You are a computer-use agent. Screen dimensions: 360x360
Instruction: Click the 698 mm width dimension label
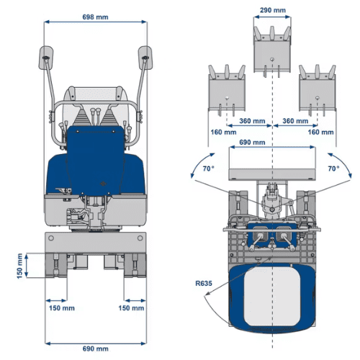[x=96, y=15]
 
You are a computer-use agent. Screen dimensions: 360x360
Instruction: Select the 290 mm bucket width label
[x=272, y=11]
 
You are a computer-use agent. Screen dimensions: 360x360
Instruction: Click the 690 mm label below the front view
[x=96, y=348]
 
